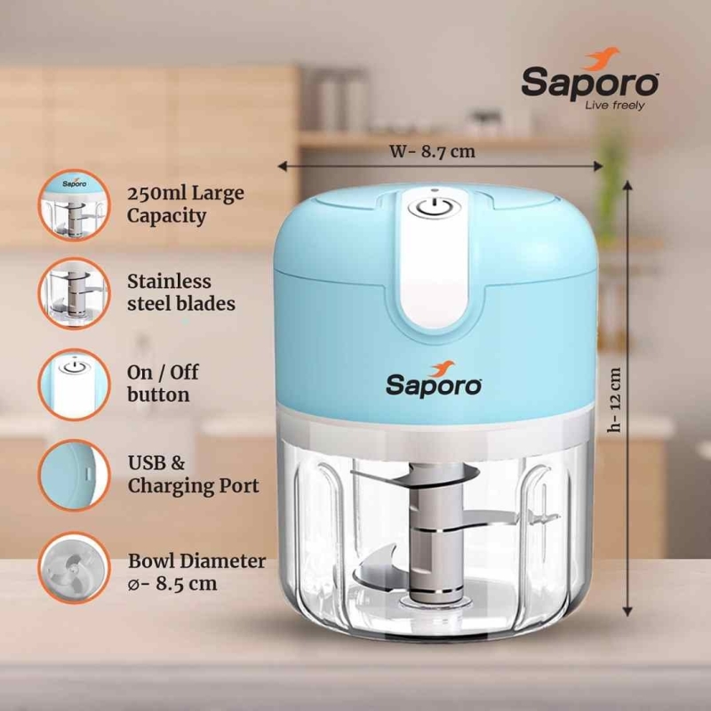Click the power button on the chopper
click(x=434, y=208)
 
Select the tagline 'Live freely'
click(x=614, y=106)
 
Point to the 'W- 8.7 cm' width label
click(x=432, y=151)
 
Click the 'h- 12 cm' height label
click(x=614, y=399)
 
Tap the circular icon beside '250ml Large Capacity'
click(x=75, y=205)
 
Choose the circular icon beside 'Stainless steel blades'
click(x=75, y=293)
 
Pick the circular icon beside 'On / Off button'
click(x=75, y=385)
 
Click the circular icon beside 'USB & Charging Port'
click(x=75, y=475)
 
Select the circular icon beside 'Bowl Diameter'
click(x=75, y=568)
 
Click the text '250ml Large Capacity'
click(x=186, y=204)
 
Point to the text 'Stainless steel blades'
click(x=181, y=292)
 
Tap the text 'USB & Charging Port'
click(x=193, y=475)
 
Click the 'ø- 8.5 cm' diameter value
click(x=172, y=584)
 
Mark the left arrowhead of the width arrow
click(x=282, y=166)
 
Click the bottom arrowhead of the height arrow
click(x=627, y=611)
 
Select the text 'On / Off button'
click(x=163, y=384)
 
